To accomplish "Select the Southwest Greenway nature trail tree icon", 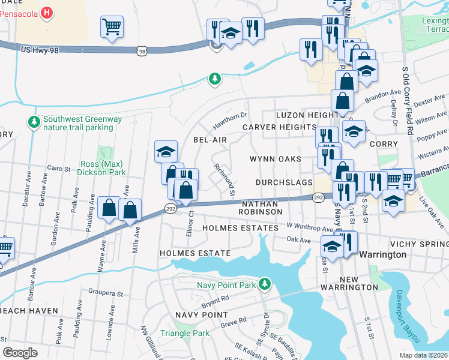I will pyautogui.click(x=34, y=122).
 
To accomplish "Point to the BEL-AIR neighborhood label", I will pyautogui.click(x=209, y=139).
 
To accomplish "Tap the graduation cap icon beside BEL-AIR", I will pyautogui.click(x=166, y=152).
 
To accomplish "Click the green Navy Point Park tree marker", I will pyautogui.click(x=265, y=284).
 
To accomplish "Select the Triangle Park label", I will pyautogui.click(x=185, y=333).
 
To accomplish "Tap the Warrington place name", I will pyautogui.click(x=382, y=254).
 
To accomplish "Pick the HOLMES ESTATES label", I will pyautogui.click(x=240, y=228).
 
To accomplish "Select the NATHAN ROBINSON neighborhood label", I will pyautogui.click(x=260, y=208).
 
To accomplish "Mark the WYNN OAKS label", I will pyautogui.click(x=276, y=159).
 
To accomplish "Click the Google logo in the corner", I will pyautogui.click(x=20, y=353).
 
